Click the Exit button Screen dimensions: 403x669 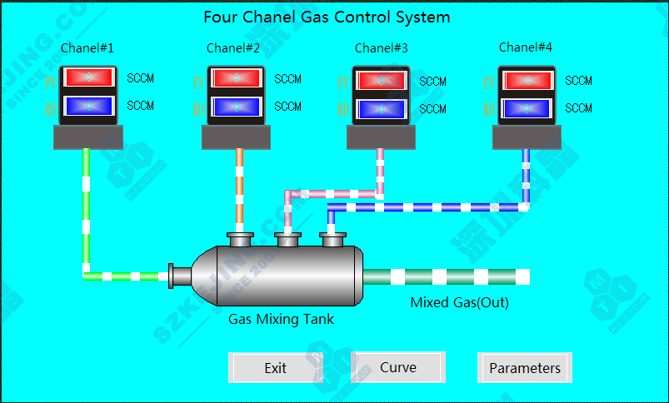275,368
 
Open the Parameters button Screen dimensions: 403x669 525,368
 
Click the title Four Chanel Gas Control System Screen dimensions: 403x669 327,17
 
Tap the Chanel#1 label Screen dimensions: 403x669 87,47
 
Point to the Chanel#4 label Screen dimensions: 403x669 526,47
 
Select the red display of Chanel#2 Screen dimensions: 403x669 237,78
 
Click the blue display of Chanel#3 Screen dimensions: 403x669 382,109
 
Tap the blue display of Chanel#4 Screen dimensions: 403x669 528,107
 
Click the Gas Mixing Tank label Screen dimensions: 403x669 282,318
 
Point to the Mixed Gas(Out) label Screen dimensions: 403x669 459,302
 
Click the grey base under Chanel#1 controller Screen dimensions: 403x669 88,137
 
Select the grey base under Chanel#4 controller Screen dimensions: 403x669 527,137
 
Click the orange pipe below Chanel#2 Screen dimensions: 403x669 240,187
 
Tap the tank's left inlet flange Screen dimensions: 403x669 172,275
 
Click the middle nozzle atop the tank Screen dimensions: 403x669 288,241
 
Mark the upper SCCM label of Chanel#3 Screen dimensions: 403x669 432,82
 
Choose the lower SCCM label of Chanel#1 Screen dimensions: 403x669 140,106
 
